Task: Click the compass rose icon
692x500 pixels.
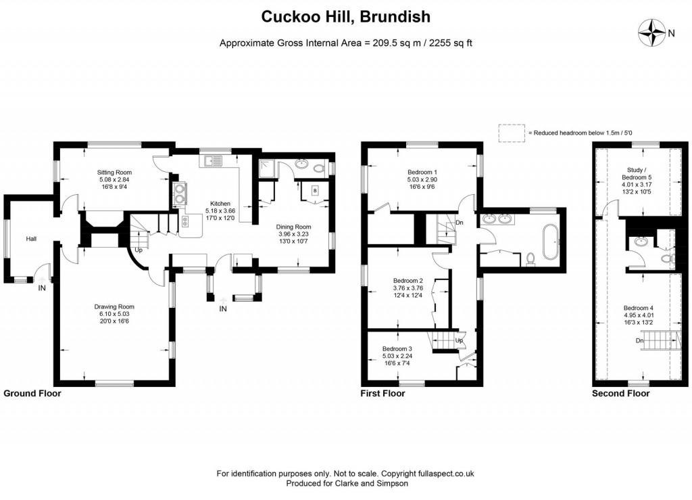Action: [652, 32]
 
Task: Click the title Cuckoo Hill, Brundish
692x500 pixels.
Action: [345, 16]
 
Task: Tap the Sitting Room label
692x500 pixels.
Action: [114, 173]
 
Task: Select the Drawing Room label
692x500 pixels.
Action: [114, 306]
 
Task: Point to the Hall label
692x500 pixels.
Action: [31, 239]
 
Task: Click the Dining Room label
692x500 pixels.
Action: [295, 227]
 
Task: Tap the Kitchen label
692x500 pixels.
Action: [220, 204]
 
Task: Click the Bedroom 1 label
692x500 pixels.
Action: [422, 172]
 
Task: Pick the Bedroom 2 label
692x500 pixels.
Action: [408, 280]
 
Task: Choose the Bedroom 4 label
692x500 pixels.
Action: [638, 308]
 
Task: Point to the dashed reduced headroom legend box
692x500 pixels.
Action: [512, 133]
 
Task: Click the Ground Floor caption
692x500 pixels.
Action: [32, 393]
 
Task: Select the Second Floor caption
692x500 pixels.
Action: [620, 393]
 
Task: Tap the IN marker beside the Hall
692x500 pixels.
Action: [42, 288]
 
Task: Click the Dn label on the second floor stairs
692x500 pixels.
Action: [640, 340]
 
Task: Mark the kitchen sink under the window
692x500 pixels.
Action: [214, 160]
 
